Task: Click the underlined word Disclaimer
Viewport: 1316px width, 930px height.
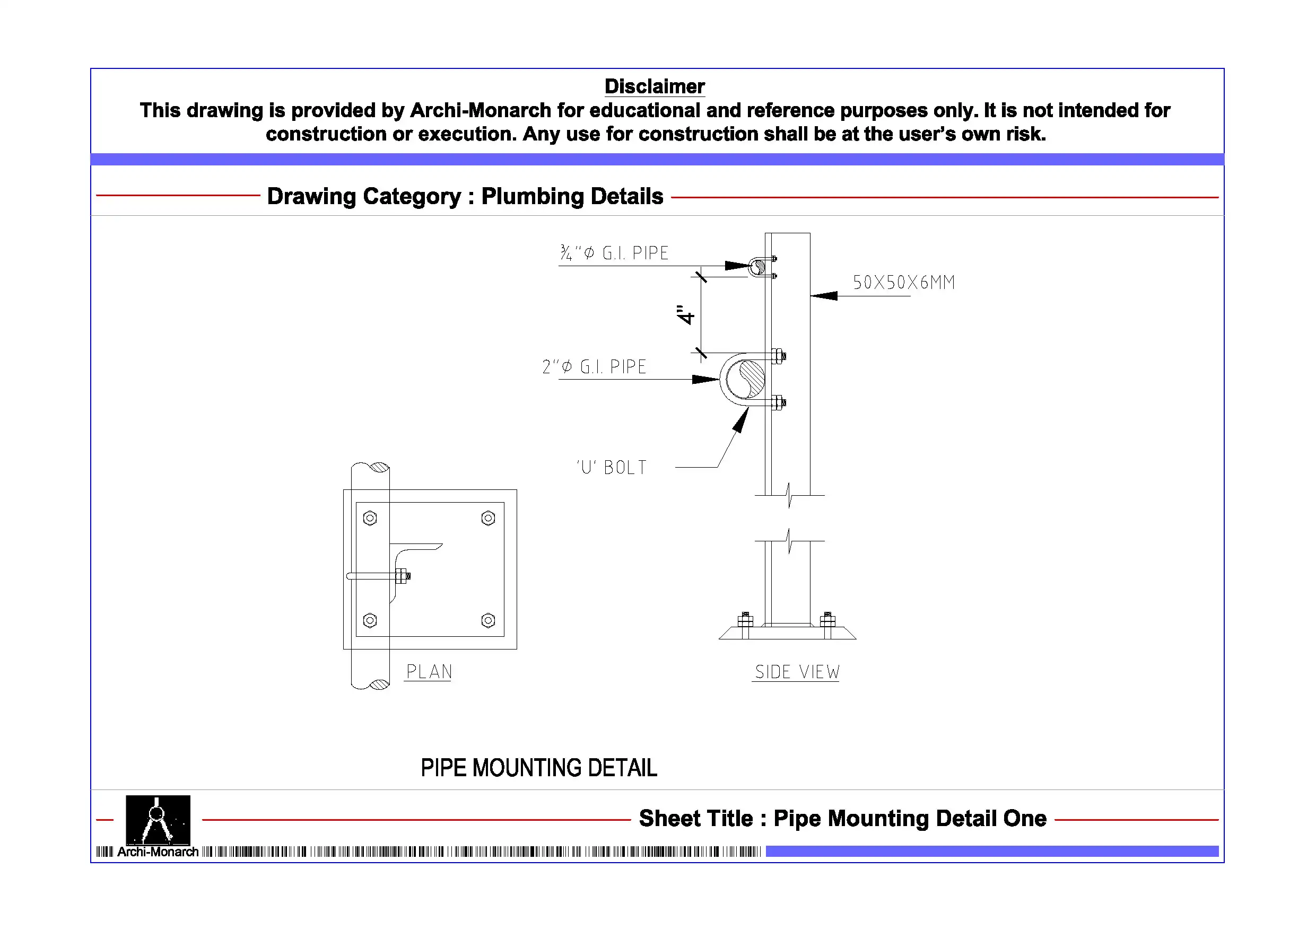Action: click(x=655, y=86)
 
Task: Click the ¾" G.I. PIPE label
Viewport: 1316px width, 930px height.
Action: click(x=614, y=253)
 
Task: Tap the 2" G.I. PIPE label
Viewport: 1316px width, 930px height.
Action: click(x=595, y=367)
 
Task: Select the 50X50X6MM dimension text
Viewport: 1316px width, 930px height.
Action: click(x=904, y=283)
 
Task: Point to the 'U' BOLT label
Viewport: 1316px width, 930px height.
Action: click(x=612, y=467)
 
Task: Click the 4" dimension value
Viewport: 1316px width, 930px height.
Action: click(x=685, y=314)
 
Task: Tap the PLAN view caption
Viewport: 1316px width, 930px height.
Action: click(x=429, y=672)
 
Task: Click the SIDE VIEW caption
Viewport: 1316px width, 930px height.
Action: click(x=797, y=672)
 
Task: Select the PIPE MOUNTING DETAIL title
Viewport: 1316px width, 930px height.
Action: click(x=539, y=768)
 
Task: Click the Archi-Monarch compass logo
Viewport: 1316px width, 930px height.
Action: click(x=158, y=820)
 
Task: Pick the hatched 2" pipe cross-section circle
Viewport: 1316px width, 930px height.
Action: click(x=745, y=379)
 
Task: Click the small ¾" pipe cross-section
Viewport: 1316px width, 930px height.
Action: click(x=759, y=267)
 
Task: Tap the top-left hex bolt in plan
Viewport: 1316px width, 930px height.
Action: click(x=370, y=518)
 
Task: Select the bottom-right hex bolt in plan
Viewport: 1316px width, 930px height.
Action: click(x=489, y=620)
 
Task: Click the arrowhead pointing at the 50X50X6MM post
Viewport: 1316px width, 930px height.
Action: click(x=824, y=296)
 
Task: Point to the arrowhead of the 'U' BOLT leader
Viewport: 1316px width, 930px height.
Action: click(x=741, y=420)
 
